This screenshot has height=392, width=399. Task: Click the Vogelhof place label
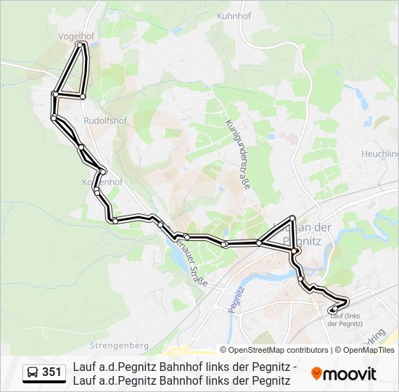(76, 34)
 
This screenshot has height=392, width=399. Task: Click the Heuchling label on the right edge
(380, 154)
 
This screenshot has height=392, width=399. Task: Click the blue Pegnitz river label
(233, 298)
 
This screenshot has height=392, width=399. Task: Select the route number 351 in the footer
(52, 372)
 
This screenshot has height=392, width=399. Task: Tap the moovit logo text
(350, 374)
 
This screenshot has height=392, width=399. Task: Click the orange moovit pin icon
(316, 373)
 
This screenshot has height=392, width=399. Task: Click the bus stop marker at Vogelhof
(81, 44)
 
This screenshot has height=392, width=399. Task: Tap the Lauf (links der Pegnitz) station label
(345, 319)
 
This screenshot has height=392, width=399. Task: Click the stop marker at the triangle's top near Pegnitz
(292, 219)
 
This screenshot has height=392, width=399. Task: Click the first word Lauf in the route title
(83, 367)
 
